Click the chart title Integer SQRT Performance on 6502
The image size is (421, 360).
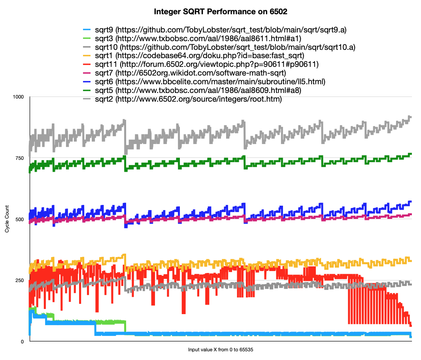220,12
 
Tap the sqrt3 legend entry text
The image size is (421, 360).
198,38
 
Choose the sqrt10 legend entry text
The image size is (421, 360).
225,47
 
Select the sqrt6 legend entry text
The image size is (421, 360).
210,82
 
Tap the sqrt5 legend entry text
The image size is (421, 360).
198,91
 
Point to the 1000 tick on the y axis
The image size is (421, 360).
19,97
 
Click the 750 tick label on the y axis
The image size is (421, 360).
20,158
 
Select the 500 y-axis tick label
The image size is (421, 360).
20,219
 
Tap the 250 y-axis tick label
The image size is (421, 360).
20,280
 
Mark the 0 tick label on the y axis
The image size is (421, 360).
23,342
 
